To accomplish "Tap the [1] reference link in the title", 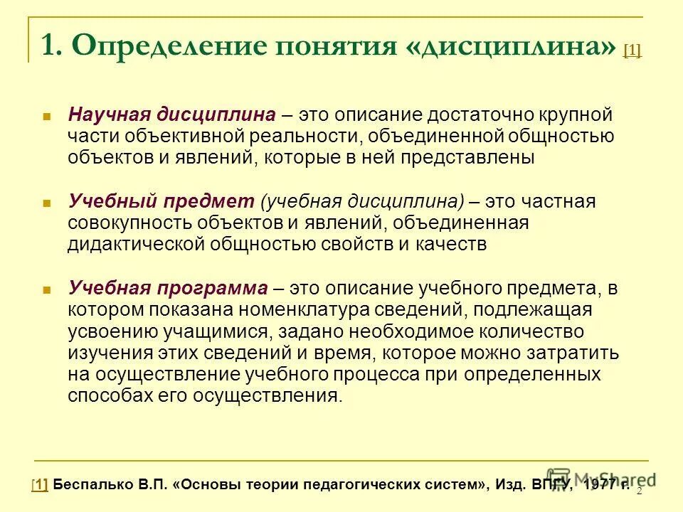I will [632, 50].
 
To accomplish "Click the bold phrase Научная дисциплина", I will [171, 114].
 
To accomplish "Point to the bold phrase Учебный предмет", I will [162, 201].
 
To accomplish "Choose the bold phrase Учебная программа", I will [168, 288].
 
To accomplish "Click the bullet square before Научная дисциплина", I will [47, 115].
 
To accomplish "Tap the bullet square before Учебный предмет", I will [47, 202].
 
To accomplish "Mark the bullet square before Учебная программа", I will [47, 289].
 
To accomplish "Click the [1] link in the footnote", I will [40, 485].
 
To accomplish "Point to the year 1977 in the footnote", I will [600, 485].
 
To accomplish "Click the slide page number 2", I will [639, 491].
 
